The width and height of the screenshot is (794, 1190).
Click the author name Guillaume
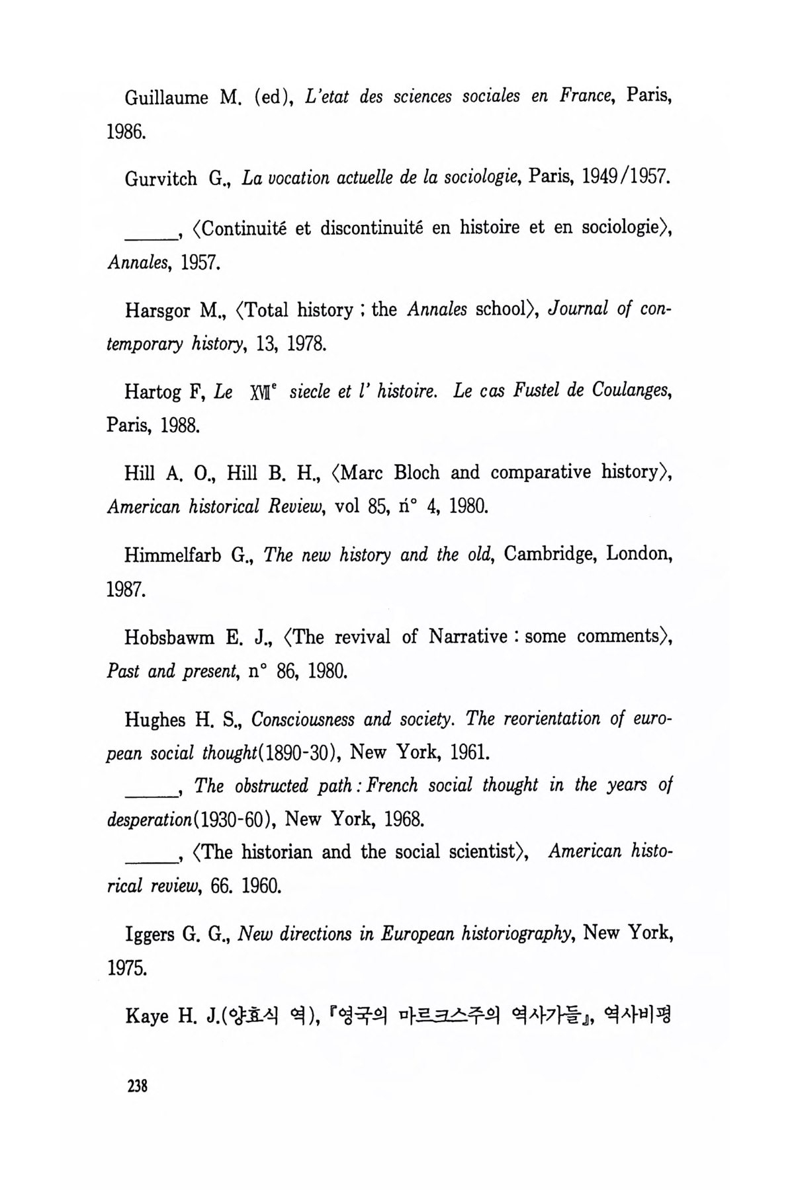pos(166,98)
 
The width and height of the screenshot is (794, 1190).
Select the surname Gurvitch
pos(161,179)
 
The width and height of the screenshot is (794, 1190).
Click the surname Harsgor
pos(159,311)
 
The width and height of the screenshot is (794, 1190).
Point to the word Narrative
pos(468,637)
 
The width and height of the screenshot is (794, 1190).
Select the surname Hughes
pos(154,719)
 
